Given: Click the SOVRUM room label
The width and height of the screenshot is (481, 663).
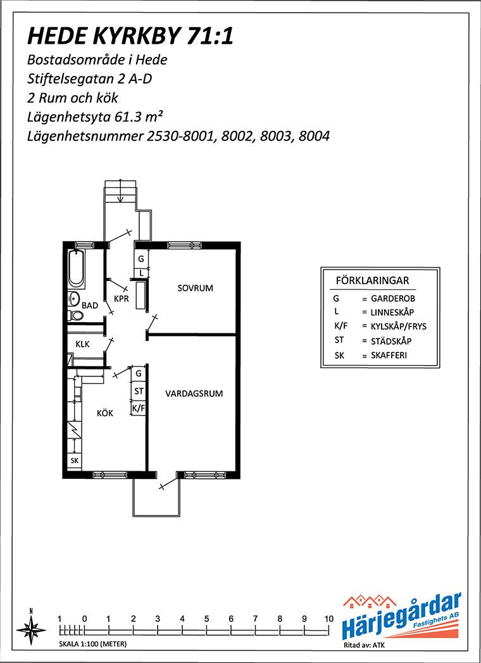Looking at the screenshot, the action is pos(195,288).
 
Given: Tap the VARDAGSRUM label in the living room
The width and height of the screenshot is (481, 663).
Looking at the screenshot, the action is pos(194,393).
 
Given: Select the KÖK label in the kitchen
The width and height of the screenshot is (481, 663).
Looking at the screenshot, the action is pos(105,413).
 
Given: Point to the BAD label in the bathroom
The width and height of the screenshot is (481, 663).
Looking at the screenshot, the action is pos(90,305).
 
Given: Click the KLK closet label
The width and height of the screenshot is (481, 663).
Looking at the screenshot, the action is pos(82,344).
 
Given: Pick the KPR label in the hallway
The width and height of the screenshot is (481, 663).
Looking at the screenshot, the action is pos(122,299).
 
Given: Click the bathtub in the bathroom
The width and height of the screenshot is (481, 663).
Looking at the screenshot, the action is pos(77,268).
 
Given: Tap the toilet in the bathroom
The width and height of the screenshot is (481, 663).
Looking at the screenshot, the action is pos(75,315).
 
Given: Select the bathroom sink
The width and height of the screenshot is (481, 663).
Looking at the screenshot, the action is pos(74,298).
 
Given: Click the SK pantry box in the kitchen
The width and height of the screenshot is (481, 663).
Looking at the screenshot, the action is pos(75,461).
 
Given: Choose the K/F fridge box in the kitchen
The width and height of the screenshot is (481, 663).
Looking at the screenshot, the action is pos(139,409).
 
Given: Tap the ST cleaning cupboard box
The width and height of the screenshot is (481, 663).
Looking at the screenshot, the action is pos(139,392).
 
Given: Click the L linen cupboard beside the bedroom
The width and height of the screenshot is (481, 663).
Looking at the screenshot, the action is pos(142,273).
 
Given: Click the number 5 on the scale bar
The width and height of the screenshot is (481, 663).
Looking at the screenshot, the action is pos(206,619).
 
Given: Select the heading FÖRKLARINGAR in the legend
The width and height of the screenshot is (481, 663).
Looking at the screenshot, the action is pos(372,280).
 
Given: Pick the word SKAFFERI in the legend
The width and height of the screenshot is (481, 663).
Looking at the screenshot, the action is pos(389,356).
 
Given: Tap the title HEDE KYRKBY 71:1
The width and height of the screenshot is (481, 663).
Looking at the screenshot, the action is pos(130,36).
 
